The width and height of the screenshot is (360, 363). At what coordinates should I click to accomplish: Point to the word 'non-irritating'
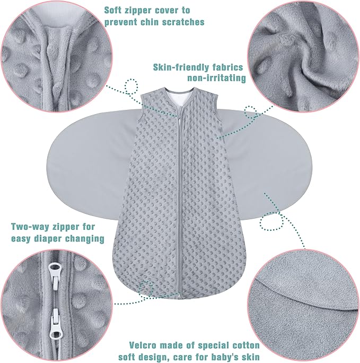(x=217, y=79)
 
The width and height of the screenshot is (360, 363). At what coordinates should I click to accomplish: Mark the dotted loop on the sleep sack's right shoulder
(x=250, y=111)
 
